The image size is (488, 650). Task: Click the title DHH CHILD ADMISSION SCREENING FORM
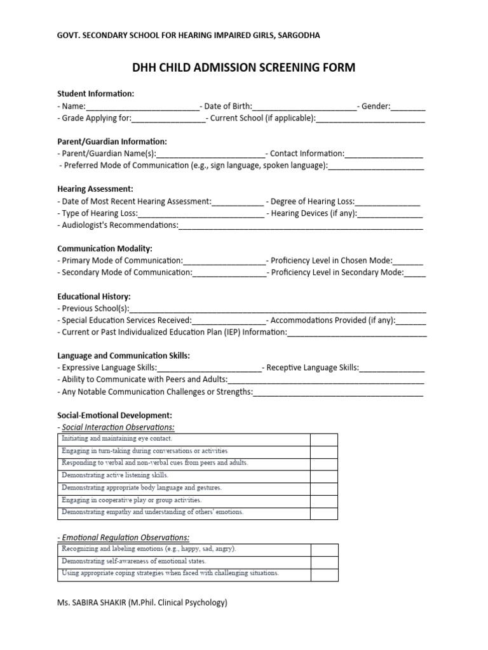(243, 67)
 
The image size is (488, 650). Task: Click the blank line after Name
(142, 107)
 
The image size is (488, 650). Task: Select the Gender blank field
(408, 107)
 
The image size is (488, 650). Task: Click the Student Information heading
(96, 93)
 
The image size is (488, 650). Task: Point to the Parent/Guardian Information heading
(112, 141)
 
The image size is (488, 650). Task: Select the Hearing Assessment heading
(95, 189)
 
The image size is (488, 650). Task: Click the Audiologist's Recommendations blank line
(301, 225)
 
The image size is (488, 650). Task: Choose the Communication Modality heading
(105, 248)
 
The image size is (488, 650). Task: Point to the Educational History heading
(94, 296)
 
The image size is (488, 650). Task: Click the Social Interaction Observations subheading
(118, 427)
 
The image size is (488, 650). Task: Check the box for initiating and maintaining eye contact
(323, 439)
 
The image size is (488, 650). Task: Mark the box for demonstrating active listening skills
(323, 475)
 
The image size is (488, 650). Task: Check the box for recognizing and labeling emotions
(323, 549)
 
